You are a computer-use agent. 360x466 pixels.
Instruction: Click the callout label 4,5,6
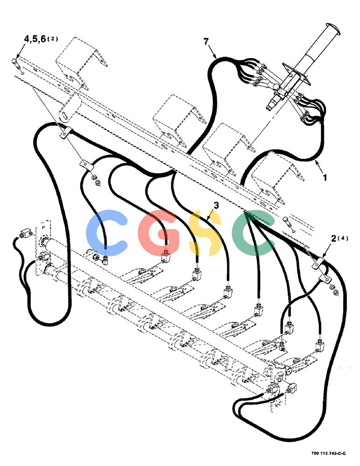tap(35, 39)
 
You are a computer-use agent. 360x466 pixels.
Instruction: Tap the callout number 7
tap(206, 41)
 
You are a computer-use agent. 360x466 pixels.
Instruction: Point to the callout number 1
tap(325, 178)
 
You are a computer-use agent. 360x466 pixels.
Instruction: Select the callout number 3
tap(216, 206)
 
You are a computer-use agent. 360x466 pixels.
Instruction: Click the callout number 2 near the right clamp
tap(334, 238)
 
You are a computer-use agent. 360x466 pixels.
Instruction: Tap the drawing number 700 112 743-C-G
tap(328, 453)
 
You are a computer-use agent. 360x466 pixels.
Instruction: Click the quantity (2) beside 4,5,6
tap(53, 39)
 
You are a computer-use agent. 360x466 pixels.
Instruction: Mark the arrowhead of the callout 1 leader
tap(316, 162)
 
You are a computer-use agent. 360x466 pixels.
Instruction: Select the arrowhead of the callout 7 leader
tap(215, 56)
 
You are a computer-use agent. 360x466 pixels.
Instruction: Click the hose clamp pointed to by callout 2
tap(318, 263)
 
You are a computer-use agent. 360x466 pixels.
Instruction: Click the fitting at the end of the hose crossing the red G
tap(166, 257)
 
